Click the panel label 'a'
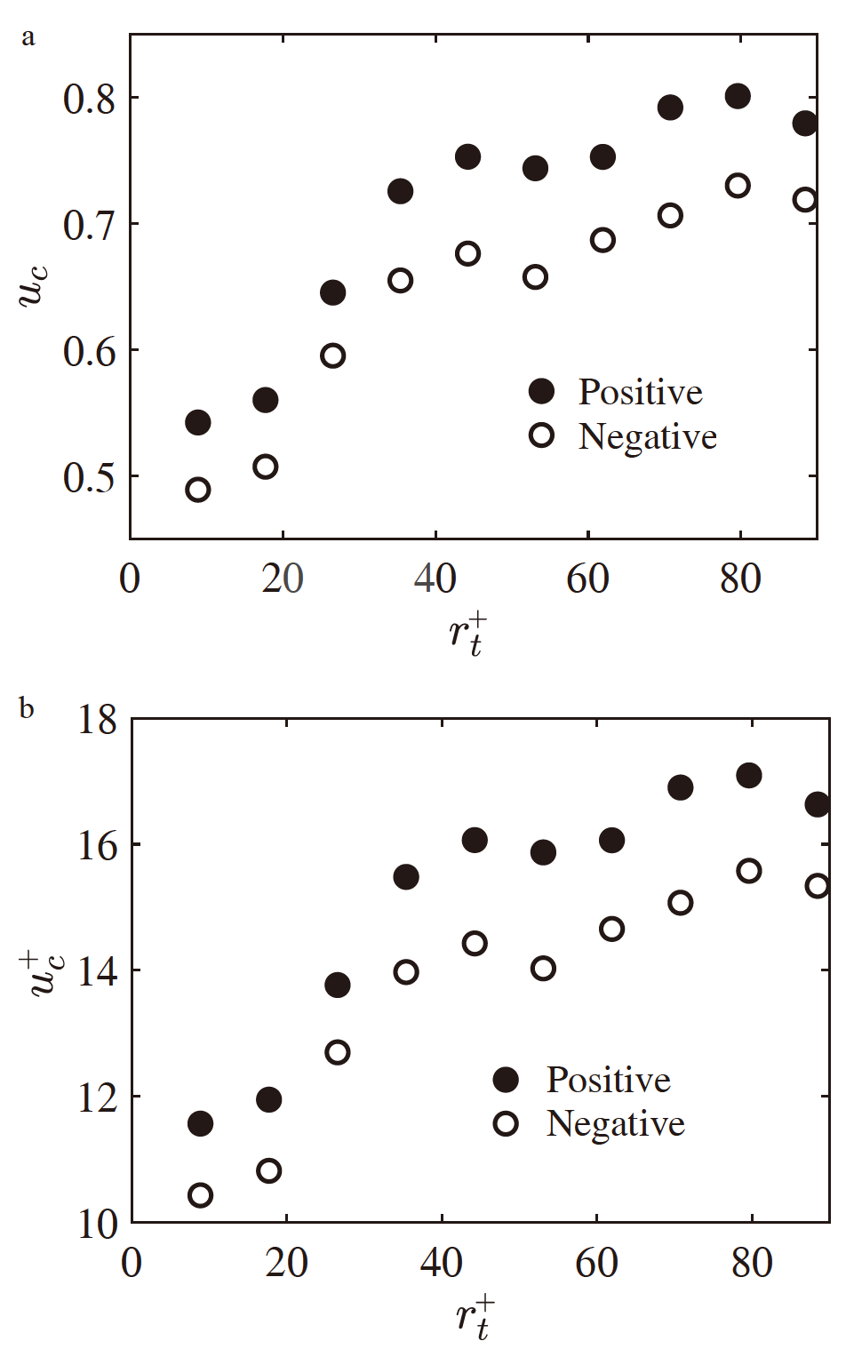(28, 38)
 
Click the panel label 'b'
(28, 708)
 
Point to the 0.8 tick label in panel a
(89, 98)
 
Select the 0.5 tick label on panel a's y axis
(89, 477)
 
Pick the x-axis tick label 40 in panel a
(435, 579)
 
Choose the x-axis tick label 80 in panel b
(752, 1263)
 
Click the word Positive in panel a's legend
(640, 392)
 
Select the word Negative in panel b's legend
(615, 1124)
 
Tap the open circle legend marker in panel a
(541, 435)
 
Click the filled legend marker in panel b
(506, 1080)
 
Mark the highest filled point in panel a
(738, 96)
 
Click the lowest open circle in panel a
(198, 490)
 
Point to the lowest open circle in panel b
(201, 1195)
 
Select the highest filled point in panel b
(749, 775)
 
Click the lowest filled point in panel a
(198, 422)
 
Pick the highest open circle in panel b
(749, 871)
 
